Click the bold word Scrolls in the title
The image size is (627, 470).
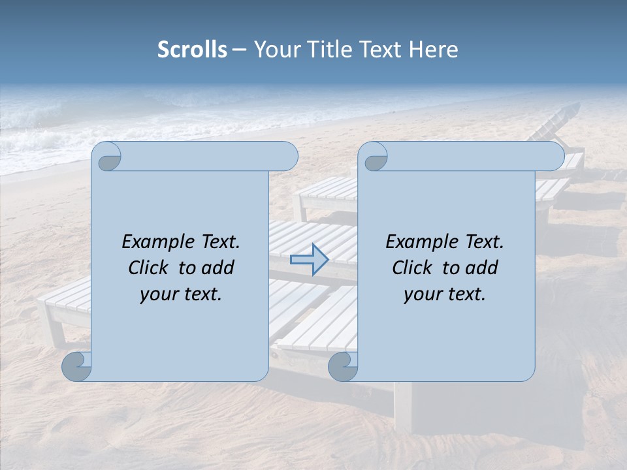[x=192, y=50]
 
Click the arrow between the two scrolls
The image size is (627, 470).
[x=309, y=260]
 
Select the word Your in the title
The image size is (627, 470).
[x=274, y=50]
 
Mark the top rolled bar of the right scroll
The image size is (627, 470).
[x=470, y=157]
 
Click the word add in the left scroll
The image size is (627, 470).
[x=219, y=268]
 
